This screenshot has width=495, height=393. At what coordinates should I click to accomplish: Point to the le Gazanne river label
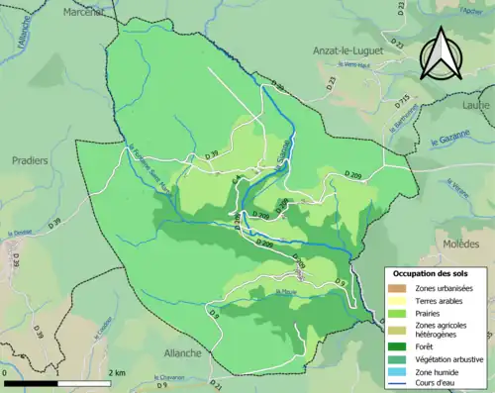click(452, 143)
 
